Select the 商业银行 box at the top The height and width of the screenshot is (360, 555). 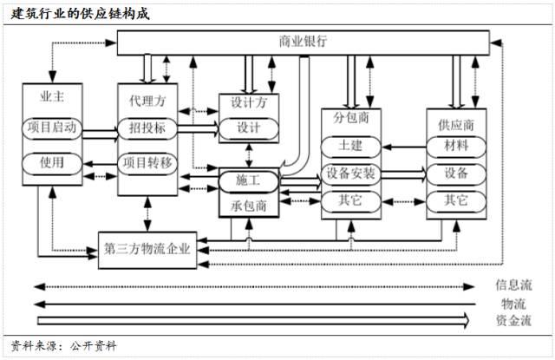[304, 43]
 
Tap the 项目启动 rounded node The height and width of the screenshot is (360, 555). [52, 128]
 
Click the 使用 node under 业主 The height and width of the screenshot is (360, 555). [52, 162]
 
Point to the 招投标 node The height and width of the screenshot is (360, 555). [147, 128]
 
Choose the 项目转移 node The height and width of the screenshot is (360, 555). [147, 162]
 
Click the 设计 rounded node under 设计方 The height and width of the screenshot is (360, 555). [249, 128]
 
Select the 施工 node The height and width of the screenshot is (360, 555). [249, 180]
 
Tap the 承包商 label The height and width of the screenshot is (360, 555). [249, 206]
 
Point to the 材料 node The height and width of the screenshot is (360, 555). [456, 144]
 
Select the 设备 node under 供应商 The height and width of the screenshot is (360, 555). [456, 173]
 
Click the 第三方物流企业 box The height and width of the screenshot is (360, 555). [147, 245]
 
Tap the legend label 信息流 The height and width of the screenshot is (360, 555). [513, 285]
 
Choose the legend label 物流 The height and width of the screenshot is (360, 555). [513, 303]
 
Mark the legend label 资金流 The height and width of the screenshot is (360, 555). [513, 320]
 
